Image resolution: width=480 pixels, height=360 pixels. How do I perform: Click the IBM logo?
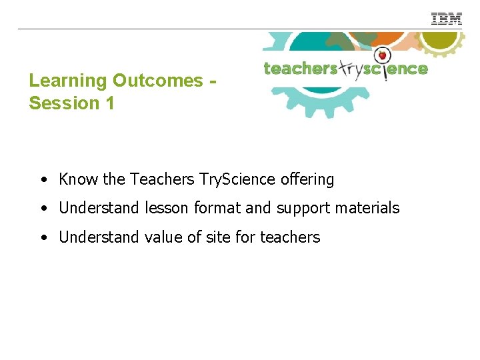(x=446, y=19)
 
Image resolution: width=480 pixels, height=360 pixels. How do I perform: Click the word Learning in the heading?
(x=68, y=81)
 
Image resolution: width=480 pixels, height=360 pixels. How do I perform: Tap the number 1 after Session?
(x=109, y=104)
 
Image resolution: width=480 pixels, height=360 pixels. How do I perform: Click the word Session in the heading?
(x=62, y=104)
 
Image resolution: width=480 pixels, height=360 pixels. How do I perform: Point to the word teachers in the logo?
(x=299, y=69)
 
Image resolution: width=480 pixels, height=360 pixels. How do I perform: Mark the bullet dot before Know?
(x=43, y=180)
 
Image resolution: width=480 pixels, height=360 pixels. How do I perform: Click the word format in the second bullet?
(x=217, y=208)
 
